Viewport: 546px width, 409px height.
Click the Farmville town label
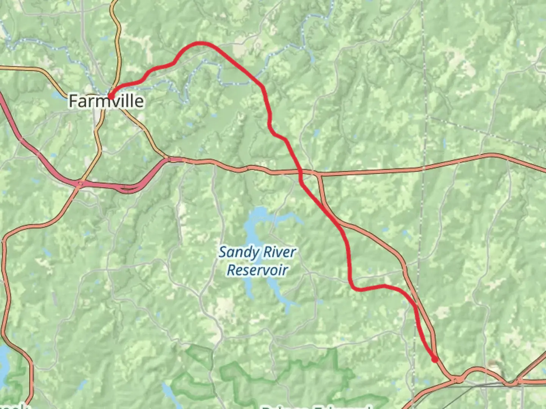coord(106,101)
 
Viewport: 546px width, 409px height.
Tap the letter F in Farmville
coord(73,101)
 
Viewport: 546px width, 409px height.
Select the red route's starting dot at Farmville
coord(111,96)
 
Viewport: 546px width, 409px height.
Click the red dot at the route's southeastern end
coord(435,359)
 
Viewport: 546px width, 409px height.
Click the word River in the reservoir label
coord(279,252)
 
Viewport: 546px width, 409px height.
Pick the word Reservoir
coord(257,270)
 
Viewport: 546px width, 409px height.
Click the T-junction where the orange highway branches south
coord(318,175)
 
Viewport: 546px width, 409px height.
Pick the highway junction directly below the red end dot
coord(458,379)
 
